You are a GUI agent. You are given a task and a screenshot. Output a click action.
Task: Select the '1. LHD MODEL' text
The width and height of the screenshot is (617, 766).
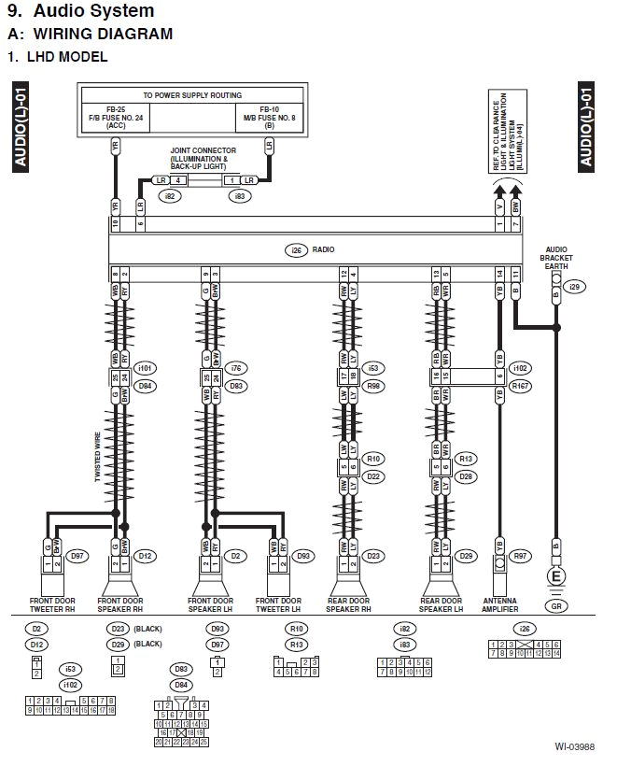point(57,56)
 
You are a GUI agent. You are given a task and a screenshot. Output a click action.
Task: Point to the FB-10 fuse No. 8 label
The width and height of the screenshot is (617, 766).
point(268,115)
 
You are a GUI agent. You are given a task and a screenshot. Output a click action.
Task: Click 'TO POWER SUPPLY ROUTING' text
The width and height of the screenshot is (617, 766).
point(191,95)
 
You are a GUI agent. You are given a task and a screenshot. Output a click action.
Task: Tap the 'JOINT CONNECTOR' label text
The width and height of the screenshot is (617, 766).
point(203,149)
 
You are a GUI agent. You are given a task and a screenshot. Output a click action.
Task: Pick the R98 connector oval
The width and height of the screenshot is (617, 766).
point(373,384)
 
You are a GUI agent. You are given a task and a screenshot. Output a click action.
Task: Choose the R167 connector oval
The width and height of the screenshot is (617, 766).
point(521,384)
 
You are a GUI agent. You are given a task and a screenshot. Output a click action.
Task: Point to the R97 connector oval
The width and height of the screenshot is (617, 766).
point(521,556)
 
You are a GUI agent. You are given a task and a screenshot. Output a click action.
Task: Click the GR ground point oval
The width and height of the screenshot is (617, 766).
point(557,605)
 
